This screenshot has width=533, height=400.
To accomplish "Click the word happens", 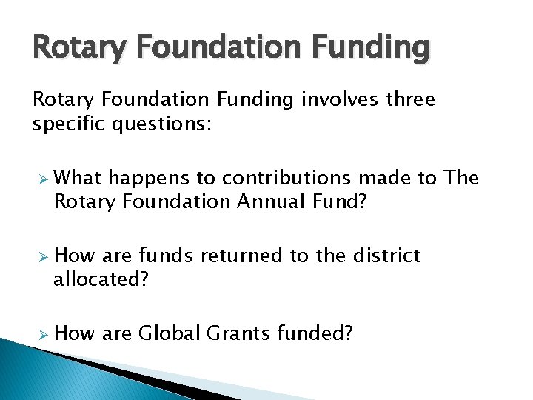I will [x=151, y=178].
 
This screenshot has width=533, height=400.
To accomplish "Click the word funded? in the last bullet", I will [x=315, y=333].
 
